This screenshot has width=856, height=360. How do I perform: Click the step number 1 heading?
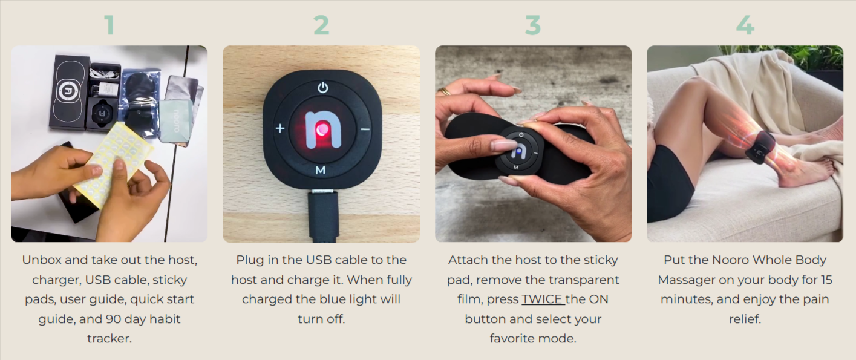click(x=109, y=25)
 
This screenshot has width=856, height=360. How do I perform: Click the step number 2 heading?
click(x=321, y=25)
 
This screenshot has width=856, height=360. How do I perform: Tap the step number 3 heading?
click(x=532, y=25)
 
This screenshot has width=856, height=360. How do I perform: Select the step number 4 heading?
click(x=745, y=25)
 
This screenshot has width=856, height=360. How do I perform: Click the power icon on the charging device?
click(x=323, y=88)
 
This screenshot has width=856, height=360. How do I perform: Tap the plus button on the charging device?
click(x=280, y=128)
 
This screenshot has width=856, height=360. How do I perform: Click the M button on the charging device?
click(x=321, y=170)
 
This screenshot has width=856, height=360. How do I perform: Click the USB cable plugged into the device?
click(x=322, y=215)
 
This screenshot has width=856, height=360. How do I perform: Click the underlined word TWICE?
click(x=543, y=299)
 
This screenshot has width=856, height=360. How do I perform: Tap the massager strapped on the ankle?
click(x=761, y=147)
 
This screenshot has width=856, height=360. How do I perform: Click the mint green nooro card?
click(x=175, y=120)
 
